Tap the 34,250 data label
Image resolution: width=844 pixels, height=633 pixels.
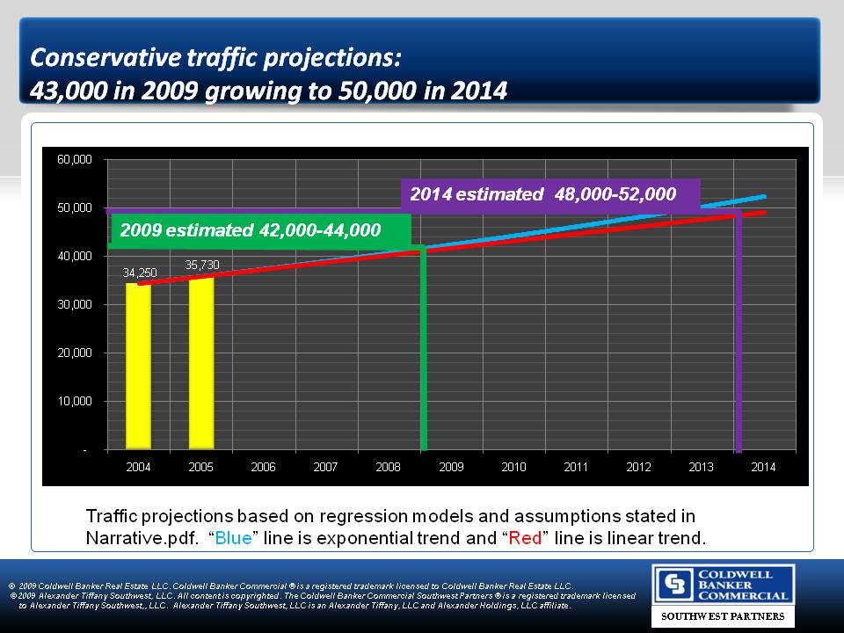pyautogui.click(x=139, y=273)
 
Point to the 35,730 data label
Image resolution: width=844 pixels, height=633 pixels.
pyautogui.click(x=202, y=264)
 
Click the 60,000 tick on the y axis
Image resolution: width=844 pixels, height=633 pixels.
pyautogui.click(x=75, y=160)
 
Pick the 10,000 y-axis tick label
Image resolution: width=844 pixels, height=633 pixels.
pyautogui.click(x=75, y=401)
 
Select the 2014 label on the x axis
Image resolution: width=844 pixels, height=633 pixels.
pyautogui.click(x=763, y=467)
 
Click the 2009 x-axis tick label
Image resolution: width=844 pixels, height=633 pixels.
pyautogui.click(x=451, y=467)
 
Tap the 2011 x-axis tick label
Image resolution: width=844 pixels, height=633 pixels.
pyautogui.click(x=576, y=467)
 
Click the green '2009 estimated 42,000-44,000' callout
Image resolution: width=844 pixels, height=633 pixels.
pyautogui.click(x=261, y=230)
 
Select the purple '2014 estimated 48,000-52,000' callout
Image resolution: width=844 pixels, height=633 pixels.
pyautogui.click(x=549, y=194)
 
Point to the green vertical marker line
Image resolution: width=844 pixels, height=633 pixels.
pyautogui.click(x=423, y=352)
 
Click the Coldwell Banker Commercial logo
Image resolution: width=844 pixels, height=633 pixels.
pyautogui.click(x=723, y=586)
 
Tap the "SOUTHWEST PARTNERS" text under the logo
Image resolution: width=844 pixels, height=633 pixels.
pyautogui.click(x=723, y=617)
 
